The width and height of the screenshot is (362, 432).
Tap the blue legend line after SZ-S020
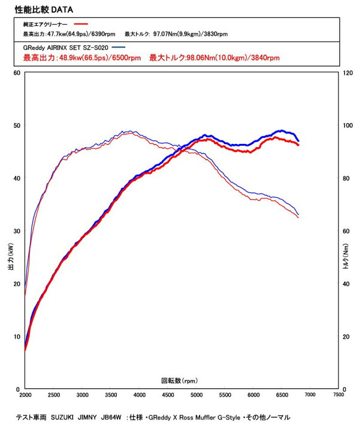[119, 47]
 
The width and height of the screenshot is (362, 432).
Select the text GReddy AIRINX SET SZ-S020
[67, 47]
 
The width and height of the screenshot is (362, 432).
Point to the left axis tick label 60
[17, 73]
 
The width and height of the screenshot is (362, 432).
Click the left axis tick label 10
[17, 337]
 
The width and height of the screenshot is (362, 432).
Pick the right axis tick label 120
[347, 73]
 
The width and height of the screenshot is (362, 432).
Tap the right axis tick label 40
[346, 284]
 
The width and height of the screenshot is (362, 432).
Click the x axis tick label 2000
[25, 396]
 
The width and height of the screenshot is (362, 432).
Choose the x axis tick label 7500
[339, 396]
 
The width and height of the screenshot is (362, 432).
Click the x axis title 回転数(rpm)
[179, 380]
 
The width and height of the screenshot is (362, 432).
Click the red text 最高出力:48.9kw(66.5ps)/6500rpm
[82, 58]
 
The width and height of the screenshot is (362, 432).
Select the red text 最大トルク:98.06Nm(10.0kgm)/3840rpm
[214, 58]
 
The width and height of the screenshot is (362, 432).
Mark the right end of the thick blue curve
[298, 140]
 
